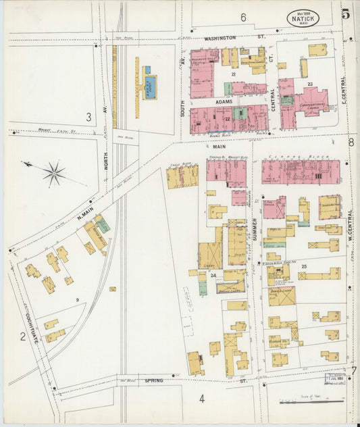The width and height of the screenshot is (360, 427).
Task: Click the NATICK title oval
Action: point(303,18)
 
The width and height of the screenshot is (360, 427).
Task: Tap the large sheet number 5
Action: point(345,14)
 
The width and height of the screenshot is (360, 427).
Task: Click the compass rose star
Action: point(54,173)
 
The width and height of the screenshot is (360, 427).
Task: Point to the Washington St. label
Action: point(226,38)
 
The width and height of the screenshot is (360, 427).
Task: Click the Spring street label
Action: point(153,381)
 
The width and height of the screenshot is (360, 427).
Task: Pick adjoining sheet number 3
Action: point(88,117)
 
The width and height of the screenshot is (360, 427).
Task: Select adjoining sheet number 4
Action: point(201,398)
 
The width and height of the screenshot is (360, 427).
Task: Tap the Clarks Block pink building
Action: point(301,172)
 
